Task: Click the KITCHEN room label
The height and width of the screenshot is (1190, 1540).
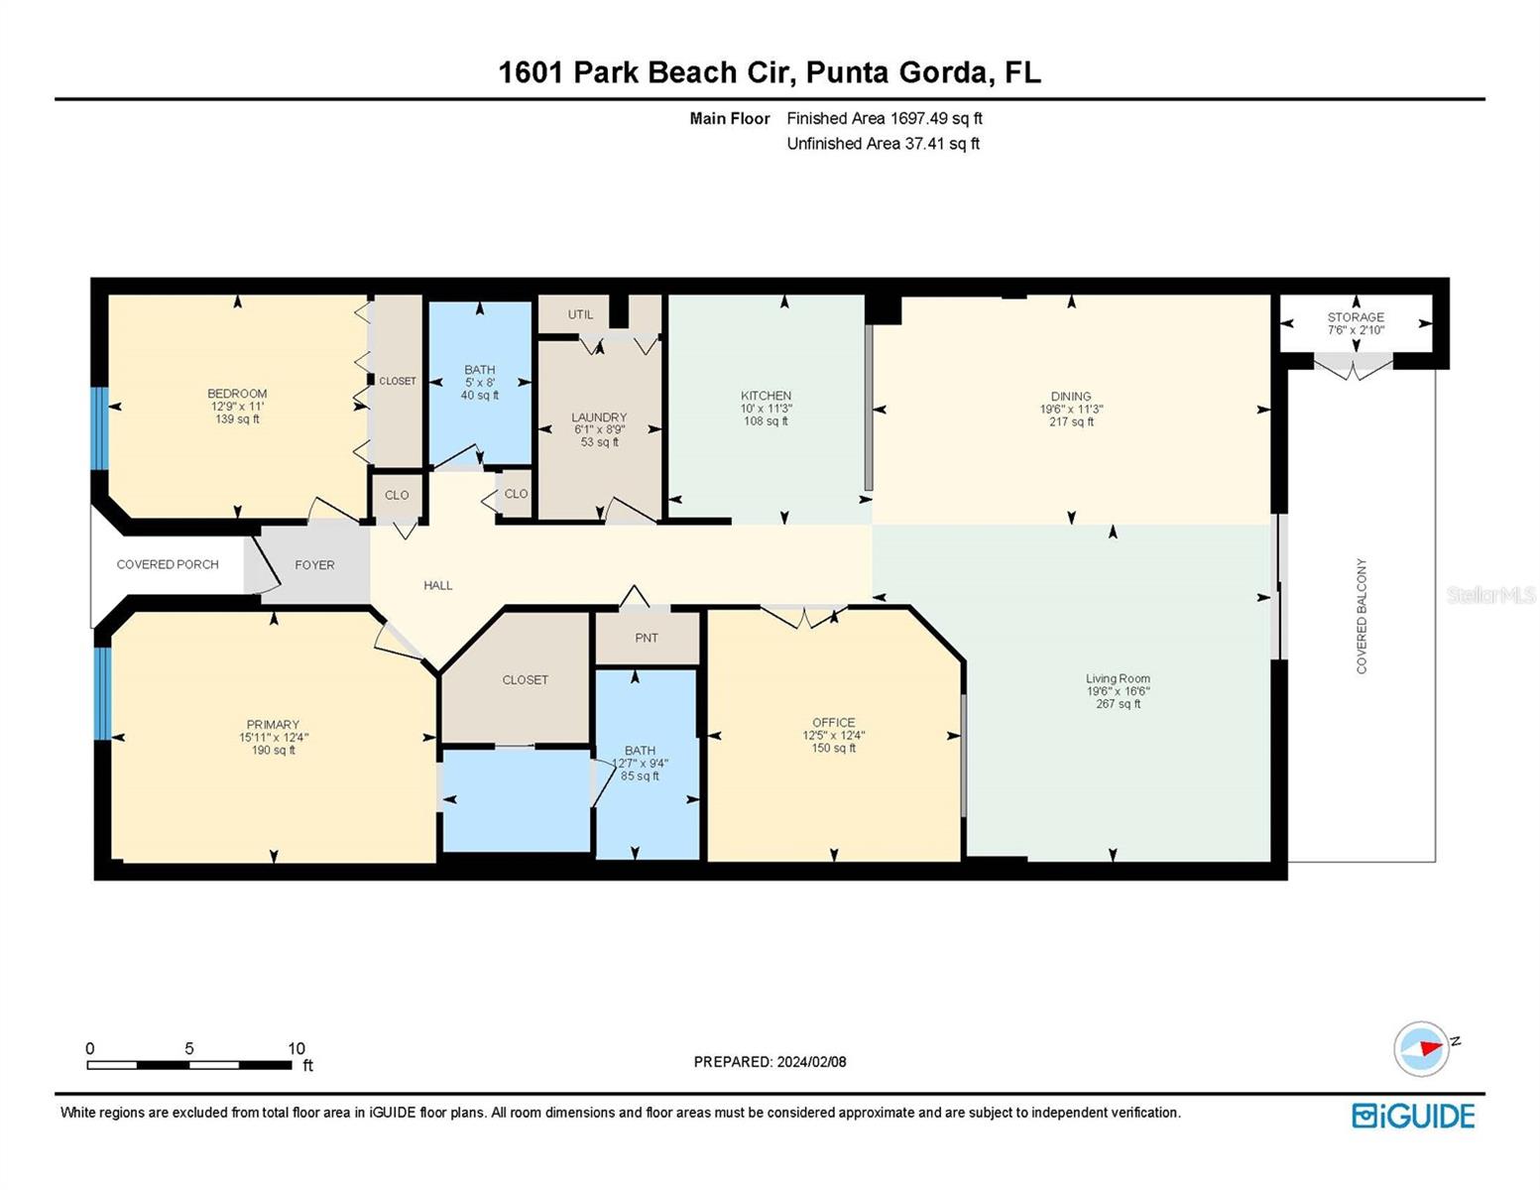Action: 766,396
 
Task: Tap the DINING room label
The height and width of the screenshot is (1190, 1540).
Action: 1070,397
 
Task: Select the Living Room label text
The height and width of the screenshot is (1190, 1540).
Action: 1118,678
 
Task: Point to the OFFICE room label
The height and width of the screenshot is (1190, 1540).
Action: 833,722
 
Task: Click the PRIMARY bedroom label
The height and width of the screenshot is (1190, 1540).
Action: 273,724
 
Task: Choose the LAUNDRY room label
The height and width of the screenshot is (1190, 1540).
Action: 599,417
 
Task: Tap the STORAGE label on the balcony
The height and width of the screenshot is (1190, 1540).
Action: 1355,316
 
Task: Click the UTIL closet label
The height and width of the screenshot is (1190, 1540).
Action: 580,314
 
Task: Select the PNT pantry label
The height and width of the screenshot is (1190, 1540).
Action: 647,638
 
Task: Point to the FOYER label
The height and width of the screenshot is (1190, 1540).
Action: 314,565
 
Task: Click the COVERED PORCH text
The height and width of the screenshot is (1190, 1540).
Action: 168,564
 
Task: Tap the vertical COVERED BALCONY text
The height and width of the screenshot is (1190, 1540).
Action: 1362,616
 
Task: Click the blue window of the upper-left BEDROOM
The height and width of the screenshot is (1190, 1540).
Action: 100,428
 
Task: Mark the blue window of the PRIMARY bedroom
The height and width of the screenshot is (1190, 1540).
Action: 103,693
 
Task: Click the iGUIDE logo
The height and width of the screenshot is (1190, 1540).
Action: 1412,1116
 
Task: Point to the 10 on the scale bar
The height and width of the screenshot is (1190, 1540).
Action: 296,1048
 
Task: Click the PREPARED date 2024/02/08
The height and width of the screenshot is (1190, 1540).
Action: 811,1062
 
